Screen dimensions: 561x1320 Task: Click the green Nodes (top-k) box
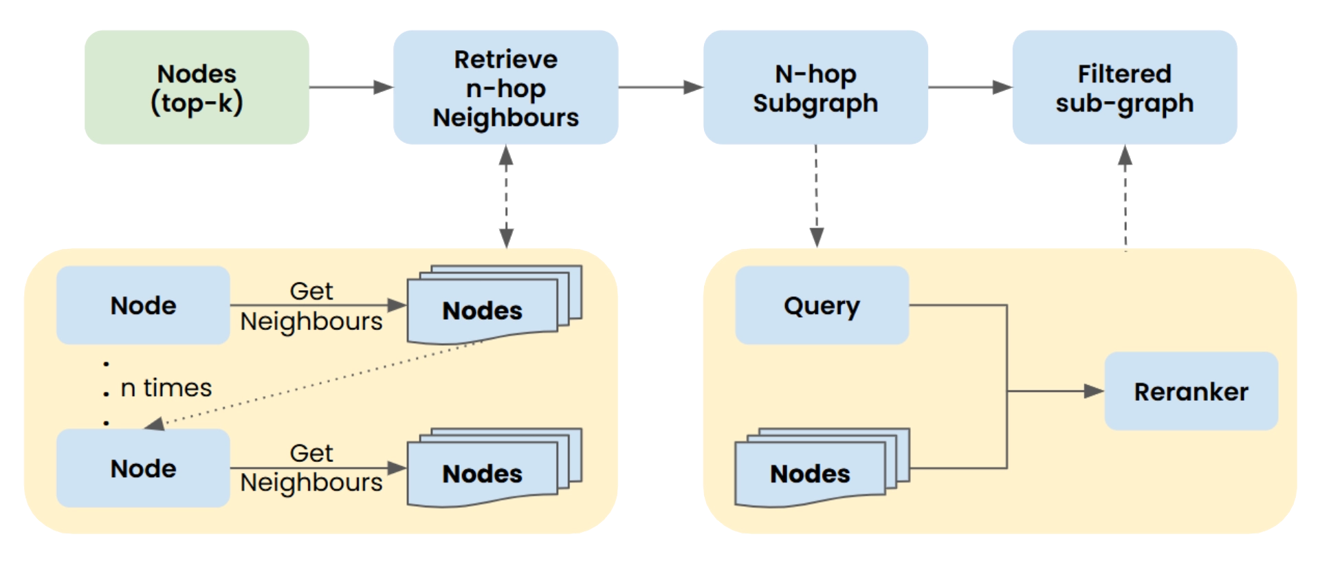tap(197, 88)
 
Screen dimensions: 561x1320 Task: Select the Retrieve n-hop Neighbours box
tap(505, 88)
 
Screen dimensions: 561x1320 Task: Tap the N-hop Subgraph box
tap(815, 88)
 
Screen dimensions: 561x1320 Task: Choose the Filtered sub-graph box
tap(1124, 88)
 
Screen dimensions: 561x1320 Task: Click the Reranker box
tap(1191, 391)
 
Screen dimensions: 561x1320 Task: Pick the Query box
tap(822, 305)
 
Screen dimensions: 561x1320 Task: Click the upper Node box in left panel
tap(143, 305)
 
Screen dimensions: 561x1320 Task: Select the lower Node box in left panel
tap(143, 468)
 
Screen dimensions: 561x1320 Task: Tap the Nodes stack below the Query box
tap(811, 472)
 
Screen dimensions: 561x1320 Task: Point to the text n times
tap(166, 388)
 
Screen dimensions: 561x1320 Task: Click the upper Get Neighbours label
tap(311, 306)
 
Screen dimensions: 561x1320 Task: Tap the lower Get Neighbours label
tap(311, 468)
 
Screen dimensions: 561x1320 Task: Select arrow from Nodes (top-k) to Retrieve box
tap(351, 87)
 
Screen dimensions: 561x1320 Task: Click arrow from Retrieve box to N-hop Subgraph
tap(660, 87)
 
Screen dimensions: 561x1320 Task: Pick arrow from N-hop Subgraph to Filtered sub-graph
tap(969, 87)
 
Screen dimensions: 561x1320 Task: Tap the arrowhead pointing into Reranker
tap(1093, 391)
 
